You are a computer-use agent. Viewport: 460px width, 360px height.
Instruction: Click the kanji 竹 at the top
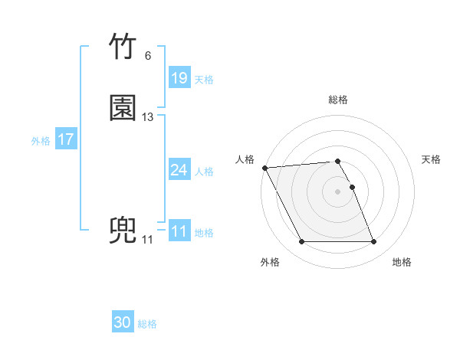[123, 47]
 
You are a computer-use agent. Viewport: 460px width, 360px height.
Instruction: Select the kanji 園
[123, 108]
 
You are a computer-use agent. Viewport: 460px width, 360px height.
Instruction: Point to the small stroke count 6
[147, 56]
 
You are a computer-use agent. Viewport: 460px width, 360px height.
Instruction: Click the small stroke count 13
[148, 117]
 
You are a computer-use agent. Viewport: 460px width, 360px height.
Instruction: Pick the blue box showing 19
[179, 78]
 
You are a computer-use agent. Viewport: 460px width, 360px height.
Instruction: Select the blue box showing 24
[179, 170]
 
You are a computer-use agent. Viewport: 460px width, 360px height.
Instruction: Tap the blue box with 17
[66, 139]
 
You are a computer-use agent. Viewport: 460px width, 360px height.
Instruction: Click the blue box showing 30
[123, 323]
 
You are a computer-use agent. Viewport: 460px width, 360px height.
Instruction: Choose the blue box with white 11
[179, 231]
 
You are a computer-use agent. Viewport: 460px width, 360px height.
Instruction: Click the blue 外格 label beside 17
[41, 141]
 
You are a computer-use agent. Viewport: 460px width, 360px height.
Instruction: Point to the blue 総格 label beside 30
[148, 325]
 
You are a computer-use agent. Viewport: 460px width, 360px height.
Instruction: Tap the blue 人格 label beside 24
[205, 172]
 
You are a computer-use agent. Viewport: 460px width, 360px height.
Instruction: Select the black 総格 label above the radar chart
[338, 100]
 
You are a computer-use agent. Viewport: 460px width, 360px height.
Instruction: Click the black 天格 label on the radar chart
[432, 159]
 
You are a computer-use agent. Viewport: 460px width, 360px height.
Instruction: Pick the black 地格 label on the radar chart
[402, 262]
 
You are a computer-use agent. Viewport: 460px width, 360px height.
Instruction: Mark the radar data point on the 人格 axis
[264, 168]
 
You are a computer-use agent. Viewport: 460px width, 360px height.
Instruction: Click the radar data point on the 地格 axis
[374, 242]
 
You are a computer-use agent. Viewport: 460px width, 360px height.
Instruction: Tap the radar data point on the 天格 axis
[352, 187]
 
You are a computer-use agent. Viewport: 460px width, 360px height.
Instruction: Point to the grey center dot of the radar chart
[338, 191]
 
